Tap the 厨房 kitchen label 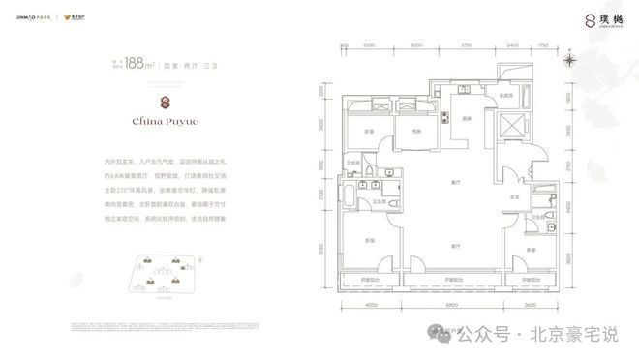pyautogui.click(x=466, y=119)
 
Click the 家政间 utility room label pyautogui.click(x=504, y=96)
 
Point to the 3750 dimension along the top pyautogui.click(x=465, y=45)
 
